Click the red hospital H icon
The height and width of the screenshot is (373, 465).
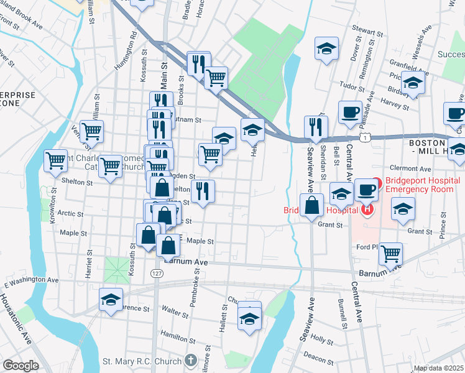tap(367, 209)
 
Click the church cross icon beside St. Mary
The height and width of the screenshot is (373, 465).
tap(190, 361)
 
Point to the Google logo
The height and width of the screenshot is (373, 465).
tap(21, 366)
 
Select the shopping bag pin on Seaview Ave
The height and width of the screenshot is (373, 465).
tap(311, 205)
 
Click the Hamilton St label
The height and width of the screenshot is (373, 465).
tap(173, 336)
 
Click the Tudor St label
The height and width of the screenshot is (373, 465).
tap(352, 88)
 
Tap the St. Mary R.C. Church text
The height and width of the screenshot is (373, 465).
tap(142, 361)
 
